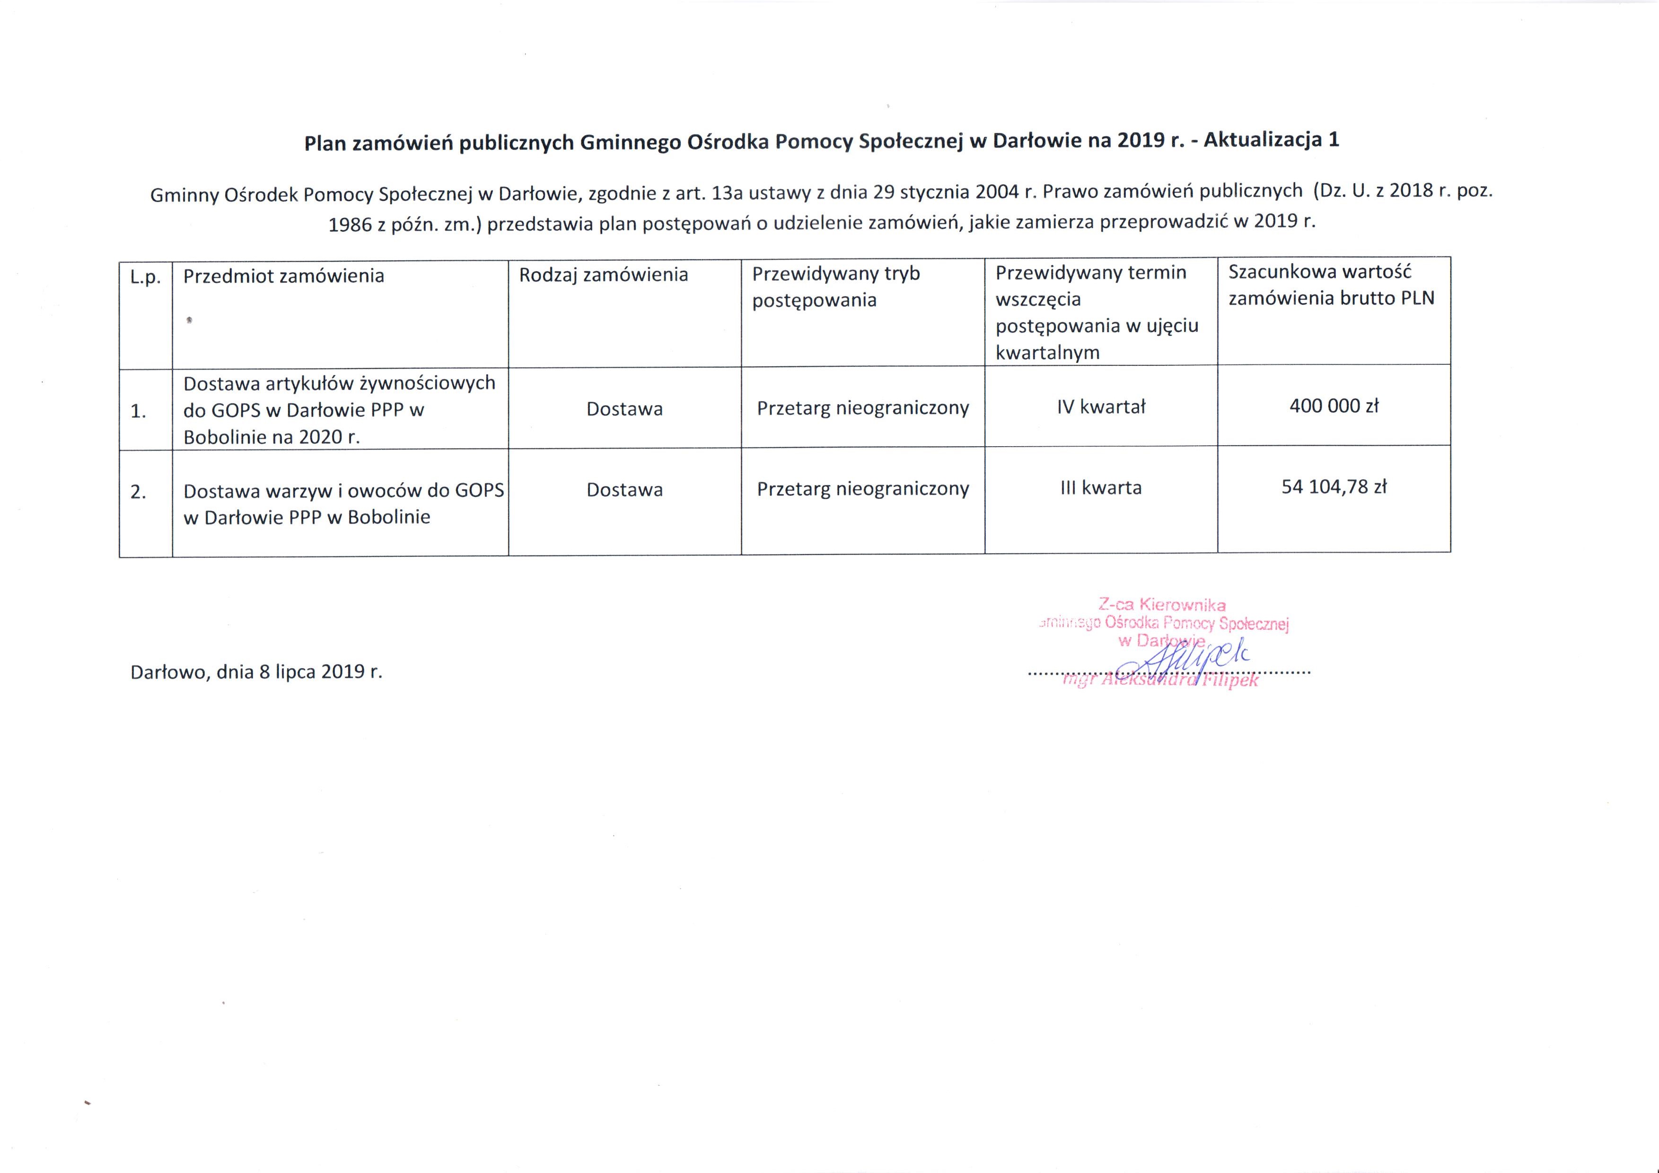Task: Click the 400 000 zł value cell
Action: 1334,406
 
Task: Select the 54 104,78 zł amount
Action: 1334,487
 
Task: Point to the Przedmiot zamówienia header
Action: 283,276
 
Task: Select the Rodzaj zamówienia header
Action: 603,274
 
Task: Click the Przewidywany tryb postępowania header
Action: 836,287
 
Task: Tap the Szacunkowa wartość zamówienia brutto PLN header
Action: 1331,285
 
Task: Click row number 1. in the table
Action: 138,411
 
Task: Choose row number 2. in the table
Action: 138,492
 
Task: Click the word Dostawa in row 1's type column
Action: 624,409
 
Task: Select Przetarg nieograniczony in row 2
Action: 863,489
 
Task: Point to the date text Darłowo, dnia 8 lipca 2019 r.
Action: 256,672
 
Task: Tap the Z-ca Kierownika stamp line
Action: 1161,605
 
